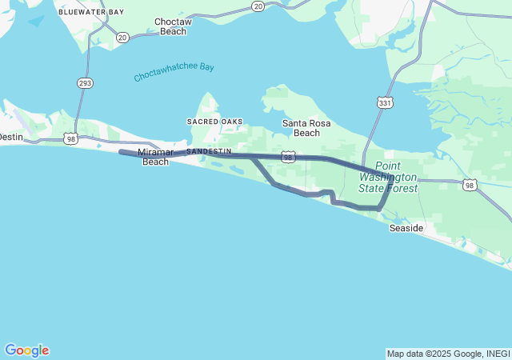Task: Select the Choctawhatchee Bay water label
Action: pyautogui.click(x=174, y=73)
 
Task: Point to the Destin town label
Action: pyautogui.click(x=11, y=137)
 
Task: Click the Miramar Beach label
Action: pyautogui.click(x=155, y=157)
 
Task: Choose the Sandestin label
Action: pyautogui.click(x=209, y=150)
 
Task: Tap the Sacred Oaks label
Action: pyautogui.click(x=214, y=122)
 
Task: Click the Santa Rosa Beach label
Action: pyautogui.click(x=306, y=128)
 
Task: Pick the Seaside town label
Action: pyautogui.click(x=406, y=228)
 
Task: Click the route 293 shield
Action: pyautogui.click(x=84, y=83)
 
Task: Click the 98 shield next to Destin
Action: pyautogui.click(x=72, y=140)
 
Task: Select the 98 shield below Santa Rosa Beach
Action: pyautogui.click(x=289, y=158)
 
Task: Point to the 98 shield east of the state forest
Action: pyautogui.click(x=470, y=185)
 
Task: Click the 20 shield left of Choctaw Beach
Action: pyautogui.click(x=122, y=38)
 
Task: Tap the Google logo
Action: pyautogui.click(x=26, y=350)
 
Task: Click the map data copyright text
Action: pyautogui.click(x=448, y=354)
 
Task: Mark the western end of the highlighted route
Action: pyautogui.click(x=121, y=151)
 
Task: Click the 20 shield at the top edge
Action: pyautogui.click(x=258, y=6)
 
